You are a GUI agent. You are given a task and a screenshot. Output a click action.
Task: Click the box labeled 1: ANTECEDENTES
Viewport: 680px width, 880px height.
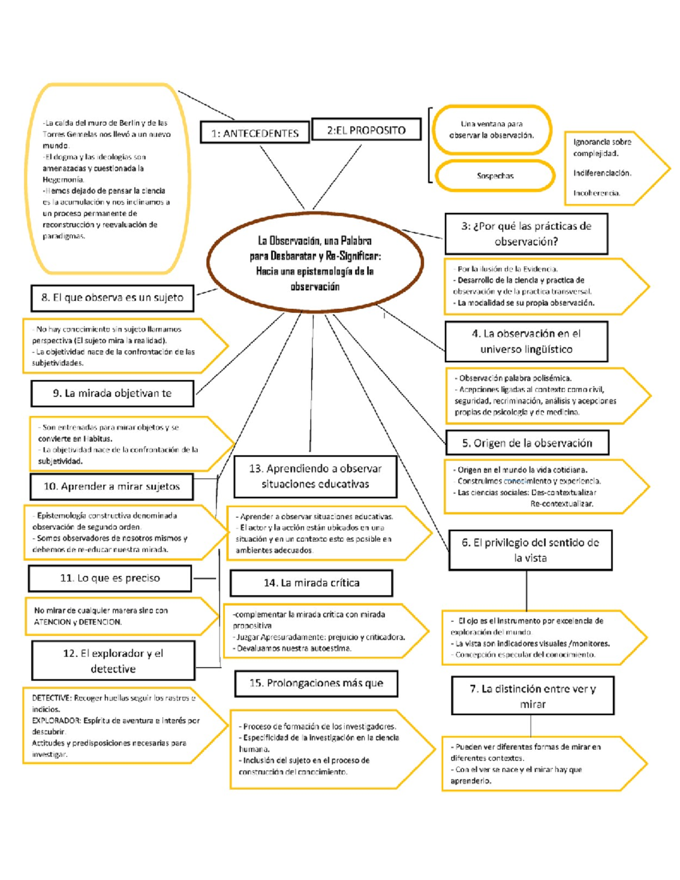(254, 133)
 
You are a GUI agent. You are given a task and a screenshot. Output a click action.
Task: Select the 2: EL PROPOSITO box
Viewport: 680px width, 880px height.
(366, 130)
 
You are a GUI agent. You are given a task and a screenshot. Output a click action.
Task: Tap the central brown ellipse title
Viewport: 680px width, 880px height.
(315, 263)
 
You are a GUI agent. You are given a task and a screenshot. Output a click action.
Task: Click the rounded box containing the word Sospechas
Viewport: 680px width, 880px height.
(495, 176)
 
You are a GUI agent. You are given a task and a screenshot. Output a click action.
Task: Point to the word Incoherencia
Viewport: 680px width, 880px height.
(597, 193)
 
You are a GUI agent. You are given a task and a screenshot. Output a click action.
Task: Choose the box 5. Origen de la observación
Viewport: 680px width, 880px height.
(527, 443)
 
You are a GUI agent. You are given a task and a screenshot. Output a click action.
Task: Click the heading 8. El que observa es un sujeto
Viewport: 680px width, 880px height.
(112, 297)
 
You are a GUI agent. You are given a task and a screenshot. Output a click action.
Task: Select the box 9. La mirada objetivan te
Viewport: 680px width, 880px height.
(112, 393)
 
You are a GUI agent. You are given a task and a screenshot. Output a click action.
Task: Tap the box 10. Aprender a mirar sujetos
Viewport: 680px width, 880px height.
(112, 486)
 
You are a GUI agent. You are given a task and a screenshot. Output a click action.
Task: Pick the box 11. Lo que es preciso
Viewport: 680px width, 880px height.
(110, 578)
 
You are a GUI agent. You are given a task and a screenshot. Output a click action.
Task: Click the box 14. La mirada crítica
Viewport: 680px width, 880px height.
(311, 583)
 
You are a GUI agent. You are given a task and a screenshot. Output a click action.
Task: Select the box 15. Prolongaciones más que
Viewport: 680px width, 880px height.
(316, 683)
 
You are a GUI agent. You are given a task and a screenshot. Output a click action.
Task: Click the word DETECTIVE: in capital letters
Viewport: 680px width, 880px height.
(51, 698)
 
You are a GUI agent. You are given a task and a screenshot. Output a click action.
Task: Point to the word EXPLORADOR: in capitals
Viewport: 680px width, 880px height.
(56, 721)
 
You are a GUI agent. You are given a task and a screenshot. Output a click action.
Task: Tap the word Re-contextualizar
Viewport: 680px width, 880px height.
(561, 504)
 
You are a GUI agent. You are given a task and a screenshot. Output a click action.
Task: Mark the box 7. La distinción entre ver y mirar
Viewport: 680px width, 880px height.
(533, 696)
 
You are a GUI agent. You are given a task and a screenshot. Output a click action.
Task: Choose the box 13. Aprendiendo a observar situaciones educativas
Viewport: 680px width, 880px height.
(315, 476)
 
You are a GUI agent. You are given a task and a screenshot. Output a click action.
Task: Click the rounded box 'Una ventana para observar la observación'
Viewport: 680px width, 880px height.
(491, 129)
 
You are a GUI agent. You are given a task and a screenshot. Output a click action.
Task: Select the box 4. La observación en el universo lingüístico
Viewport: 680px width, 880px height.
(526, 341)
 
